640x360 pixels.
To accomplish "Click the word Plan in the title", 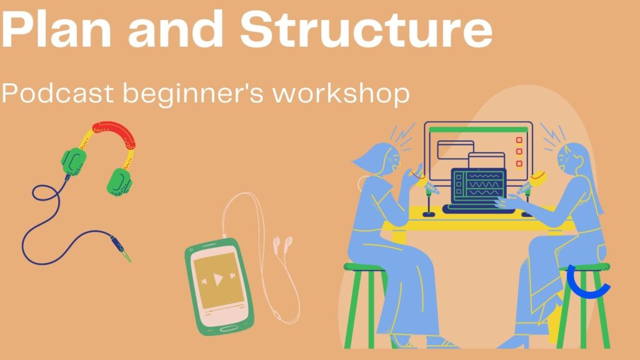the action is click(57, 29).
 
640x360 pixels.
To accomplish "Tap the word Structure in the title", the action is click(366, 29).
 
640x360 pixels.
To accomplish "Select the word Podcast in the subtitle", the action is click(57, 93).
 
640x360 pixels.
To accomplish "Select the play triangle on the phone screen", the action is click(218, 279).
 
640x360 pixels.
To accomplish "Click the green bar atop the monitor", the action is click(478, 130).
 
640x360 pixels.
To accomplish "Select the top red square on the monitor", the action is click(519, 140).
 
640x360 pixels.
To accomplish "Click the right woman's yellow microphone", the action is click(532, 182).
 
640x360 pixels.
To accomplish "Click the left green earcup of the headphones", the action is click(74, 161).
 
